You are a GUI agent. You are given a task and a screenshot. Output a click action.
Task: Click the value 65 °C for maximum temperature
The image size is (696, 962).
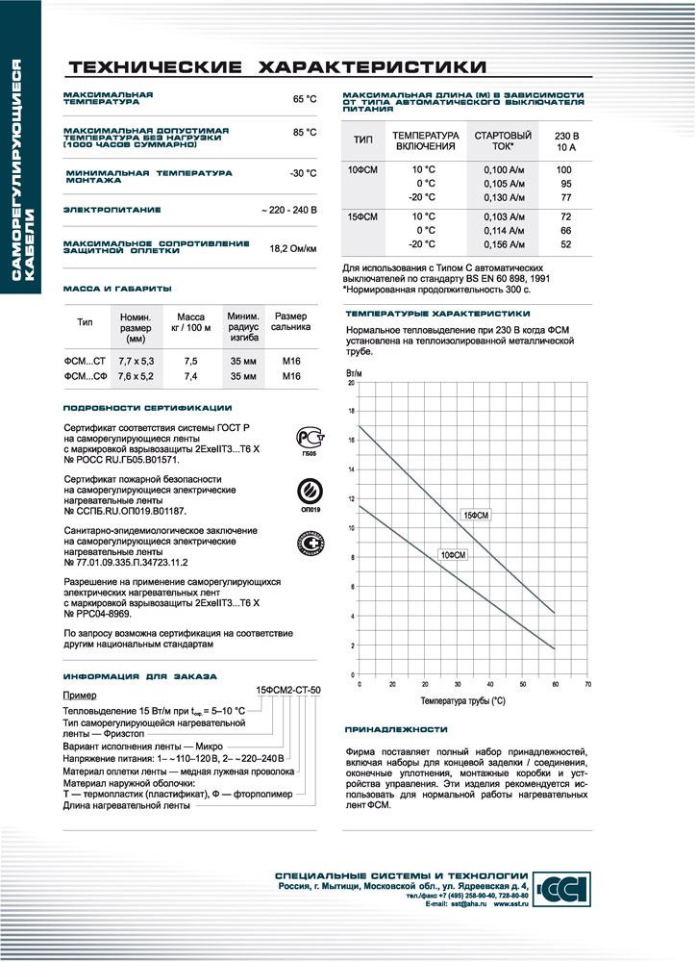(304, 99)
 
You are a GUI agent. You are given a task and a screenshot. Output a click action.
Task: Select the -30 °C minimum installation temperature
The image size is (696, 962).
(303, 174)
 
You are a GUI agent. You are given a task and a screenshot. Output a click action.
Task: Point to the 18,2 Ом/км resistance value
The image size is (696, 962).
(292, 248)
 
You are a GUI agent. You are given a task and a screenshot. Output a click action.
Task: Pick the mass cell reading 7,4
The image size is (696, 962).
(190, 376)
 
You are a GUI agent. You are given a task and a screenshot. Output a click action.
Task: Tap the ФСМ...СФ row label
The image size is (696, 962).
(84, 376)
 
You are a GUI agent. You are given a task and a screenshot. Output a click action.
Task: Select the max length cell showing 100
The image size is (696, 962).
(565, 169)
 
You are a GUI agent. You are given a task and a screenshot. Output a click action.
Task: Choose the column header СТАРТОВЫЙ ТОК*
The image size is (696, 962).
(504, 140)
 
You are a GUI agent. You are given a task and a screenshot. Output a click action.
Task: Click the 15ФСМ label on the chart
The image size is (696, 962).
(477, 516)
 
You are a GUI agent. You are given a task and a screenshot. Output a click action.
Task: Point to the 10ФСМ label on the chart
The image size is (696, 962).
(454, 555)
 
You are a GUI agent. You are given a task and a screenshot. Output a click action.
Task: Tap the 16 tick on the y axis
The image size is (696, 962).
(351, 441)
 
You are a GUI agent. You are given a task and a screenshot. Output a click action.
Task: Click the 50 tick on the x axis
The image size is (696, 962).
(522, 684)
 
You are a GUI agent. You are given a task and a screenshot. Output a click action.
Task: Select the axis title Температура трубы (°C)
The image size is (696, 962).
(462, 701)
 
